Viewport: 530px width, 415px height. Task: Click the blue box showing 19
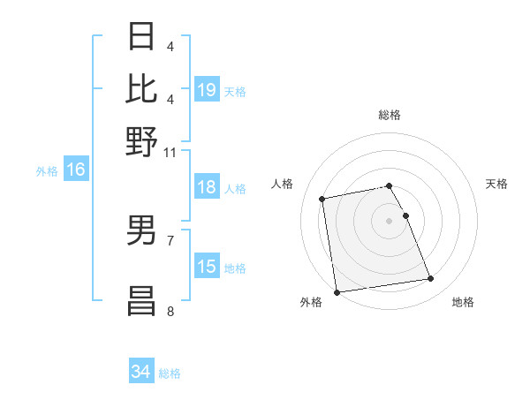pyautogui.click(x=207, y=89)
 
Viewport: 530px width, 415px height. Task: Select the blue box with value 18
pyautogui.click(x=207, y=187)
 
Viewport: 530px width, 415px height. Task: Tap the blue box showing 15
pyautogui.click(x=207, y=267)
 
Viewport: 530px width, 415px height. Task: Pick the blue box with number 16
pyautogui.click(x=76, y=170)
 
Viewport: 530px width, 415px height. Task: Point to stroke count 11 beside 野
pyautogui.click(x=170, y=152)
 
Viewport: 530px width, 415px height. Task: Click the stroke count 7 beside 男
pyautogui.click(x=170, y=240)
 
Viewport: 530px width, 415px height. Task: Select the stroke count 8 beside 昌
pyautogui.click(x=170, y=311)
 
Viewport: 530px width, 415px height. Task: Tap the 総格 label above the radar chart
pyautogui.click(x=390, y=115)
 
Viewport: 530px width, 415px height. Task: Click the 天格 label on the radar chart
pyautogui.click(x=496, y=184)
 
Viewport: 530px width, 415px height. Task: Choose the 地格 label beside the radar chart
pyautogui.click(x=463, y=302)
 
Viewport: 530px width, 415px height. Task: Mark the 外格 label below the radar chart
pyautogui.click(x=311, y=302)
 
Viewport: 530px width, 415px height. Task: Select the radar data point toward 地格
pyautogui.click(x=430, y=279)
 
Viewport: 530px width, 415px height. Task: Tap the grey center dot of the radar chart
pyautogui.click(x=390, y=220)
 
